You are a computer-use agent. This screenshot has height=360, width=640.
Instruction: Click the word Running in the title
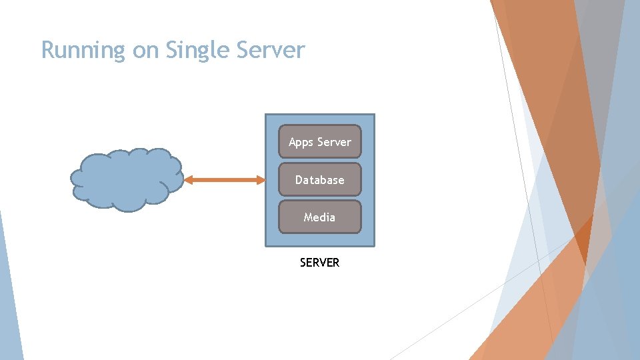coord(83,51)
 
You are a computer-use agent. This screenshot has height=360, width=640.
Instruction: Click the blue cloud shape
coord(126,179)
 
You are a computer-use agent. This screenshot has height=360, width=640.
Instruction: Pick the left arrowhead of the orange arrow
coord(188,179)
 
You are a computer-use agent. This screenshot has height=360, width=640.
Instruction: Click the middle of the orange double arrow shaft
coord(224,179)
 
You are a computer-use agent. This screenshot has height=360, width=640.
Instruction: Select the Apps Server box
coord(319,142)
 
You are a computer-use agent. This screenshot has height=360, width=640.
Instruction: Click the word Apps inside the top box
coord(301,142)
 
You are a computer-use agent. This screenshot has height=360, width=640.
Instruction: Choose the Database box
coord(319,179)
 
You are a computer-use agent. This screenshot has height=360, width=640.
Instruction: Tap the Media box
coord(319,217)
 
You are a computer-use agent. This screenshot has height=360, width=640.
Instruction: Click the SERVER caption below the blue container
coord(319,263)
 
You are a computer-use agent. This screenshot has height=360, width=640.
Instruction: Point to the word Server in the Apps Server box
coord(334,142)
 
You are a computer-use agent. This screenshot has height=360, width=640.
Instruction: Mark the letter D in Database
coord(299,180)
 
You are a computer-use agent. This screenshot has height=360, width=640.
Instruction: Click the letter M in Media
coord(308,217)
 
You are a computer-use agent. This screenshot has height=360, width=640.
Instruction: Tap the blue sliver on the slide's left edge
coord(8,293)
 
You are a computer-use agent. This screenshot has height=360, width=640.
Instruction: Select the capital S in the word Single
coord(171,50)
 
